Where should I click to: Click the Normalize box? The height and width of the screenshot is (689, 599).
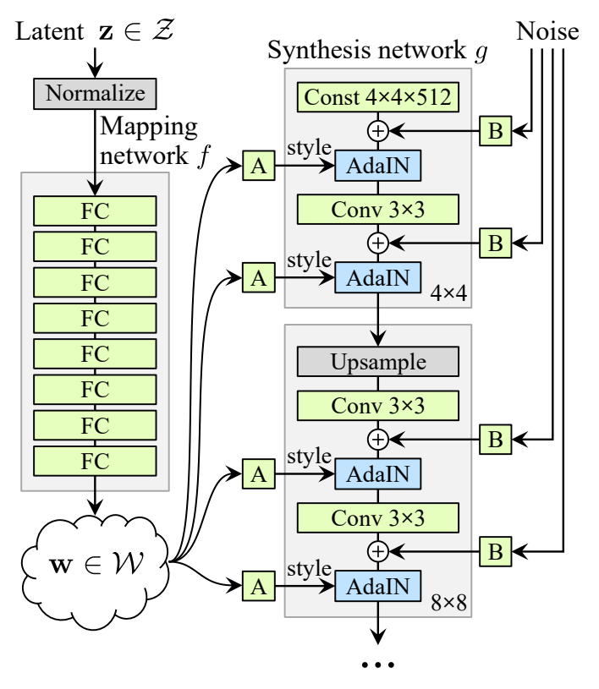pos(95,94)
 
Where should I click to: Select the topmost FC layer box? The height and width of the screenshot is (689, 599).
pos(95,211)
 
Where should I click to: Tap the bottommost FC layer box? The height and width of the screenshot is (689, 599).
pos(95,462)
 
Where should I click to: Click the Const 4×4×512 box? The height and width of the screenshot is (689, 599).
pos(378,97)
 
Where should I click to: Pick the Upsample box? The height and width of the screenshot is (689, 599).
pos(378,362)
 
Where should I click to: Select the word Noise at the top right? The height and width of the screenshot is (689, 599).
pos(547,31)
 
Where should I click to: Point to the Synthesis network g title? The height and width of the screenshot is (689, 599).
pos(378,50)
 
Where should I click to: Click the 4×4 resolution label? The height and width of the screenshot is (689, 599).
pos(448,293)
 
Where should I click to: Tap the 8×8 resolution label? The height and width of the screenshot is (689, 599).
pos(448,603)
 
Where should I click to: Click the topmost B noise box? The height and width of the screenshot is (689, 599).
pos(496,131)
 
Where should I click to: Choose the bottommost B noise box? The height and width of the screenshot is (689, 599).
pos(496,551)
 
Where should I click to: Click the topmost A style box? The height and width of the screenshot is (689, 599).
pos(259,166)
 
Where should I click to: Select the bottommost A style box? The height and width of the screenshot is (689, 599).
pos(259,586)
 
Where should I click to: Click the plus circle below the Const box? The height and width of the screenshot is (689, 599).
pos(378,131)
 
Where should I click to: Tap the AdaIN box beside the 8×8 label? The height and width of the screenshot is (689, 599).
pos(378,586)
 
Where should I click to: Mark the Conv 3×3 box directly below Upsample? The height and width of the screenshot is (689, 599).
pos(378,406)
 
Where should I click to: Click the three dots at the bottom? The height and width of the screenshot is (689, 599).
pos(378,664)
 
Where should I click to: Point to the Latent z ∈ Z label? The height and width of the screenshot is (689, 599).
pos(95,31)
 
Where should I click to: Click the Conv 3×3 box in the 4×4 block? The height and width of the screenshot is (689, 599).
pos(378,210)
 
